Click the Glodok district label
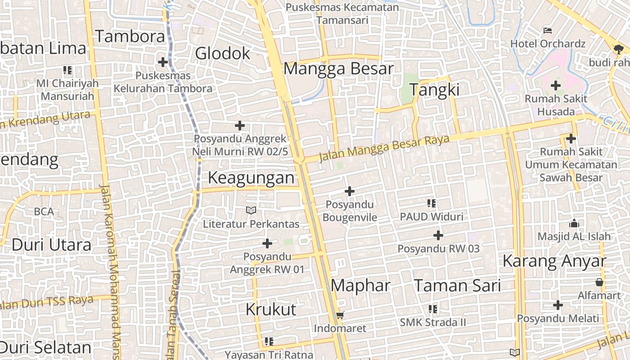click(222, 54)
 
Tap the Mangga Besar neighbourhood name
click(338, 69)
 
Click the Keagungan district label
click(251, 178)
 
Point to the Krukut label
click(271, 309)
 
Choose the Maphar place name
click(360, 285)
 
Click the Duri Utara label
click(51, 245)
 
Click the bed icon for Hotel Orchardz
click(548, 31)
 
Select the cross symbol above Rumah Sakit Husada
click(556, 85)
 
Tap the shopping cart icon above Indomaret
click(340, 315)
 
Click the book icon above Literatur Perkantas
click(251, 210)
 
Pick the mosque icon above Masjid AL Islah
click(574, 223)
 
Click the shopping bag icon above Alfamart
click(599, 282)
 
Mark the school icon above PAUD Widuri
click(432, 203)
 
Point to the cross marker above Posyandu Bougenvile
click(349, 192)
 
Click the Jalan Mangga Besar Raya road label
click(384, 148)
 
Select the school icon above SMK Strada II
click(433, 309)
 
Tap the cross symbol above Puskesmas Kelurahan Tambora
click(163, 62)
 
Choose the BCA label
click(44, 211)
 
